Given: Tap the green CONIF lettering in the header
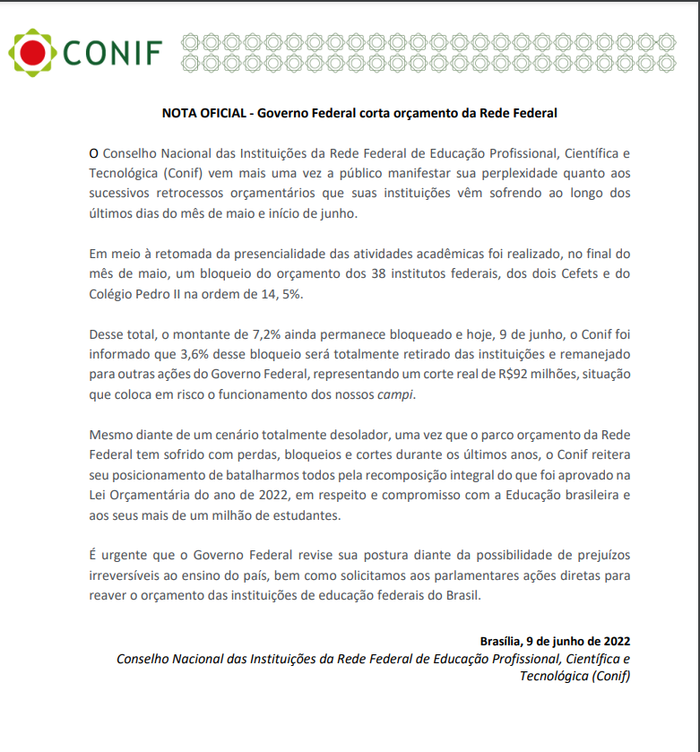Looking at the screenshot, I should pyautogui.click(x=112, y=54).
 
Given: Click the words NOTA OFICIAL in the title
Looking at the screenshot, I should pyautogui.click(x=203, y=113).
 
